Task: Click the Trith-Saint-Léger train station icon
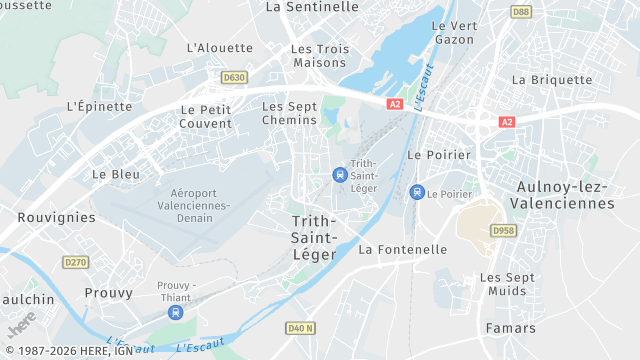click(x=340, y=175)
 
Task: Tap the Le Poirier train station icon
click(x=417, y=192)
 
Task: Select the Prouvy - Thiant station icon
click(x=176, y=312)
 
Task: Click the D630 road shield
click(x=234, y=77)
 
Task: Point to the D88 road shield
click(x=520, y=12)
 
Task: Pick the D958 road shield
click(x=502, y=230)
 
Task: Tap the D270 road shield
click(x=75, y=262)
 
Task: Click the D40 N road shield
click(x=300, y=327)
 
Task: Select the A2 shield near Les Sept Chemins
click(x=395, y=103)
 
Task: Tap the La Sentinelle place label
click(x=312, y=7)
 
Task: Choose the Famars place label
click(x=510, y=328)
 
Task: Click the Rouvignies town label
click(x=57, y=217)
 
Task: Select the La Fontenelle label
click(x=403, y=249)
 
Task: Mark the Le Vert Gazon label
click(x=453, y=32)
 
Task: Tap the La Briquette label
click(x=552, y=80)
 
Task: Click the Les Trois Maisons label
click(x=320, y=55)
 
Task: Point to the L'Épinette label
click(x=99, y=106)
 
